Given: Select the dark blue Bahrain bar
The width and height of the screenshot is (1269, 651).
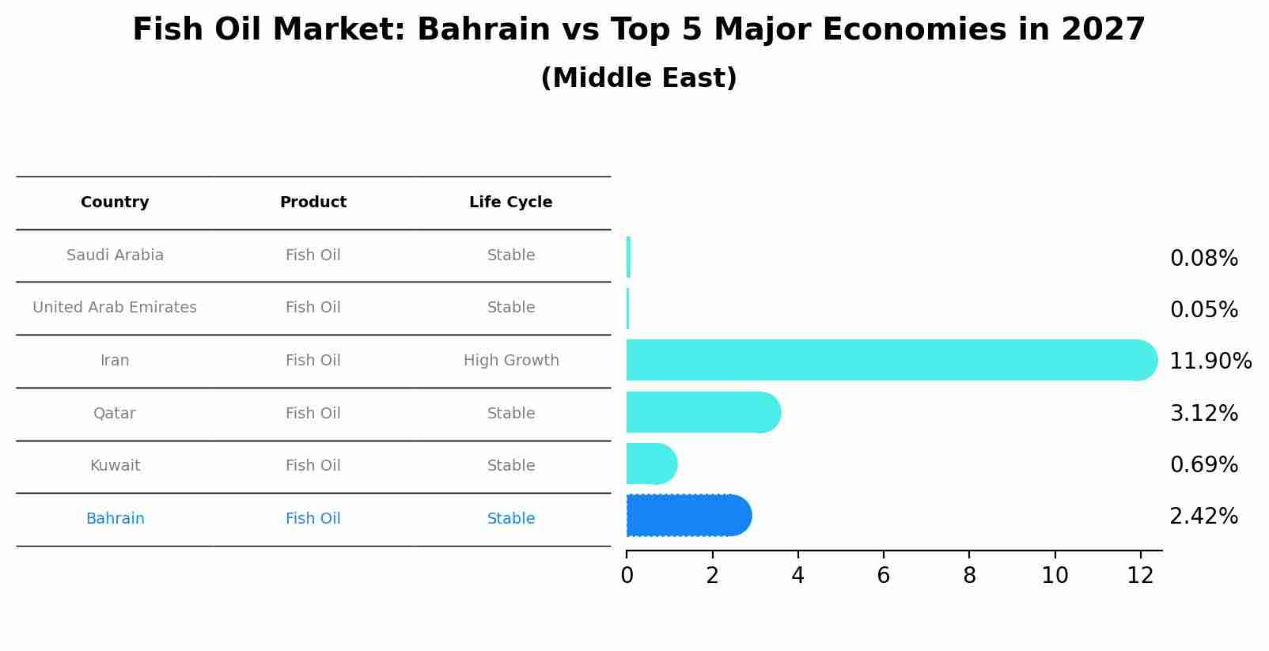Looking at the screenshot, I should click(x=688, y=516).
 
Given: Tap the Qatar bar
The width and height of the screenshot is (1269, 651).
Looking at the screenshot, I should click(x=703, y=412).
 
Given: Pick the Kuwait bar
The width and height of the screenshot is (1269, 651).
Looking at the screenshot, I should click(x=651, y=464).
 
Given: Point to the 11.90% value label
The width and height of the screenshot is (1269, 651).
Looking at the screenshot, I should click(x=1210, y=361).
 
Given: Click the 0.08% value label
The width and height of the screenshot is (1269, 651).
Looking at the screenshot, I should click(x=1203, y=259).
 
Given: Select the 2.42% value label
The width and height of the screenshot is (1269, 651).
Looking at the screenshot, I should click(x=1203, y=517).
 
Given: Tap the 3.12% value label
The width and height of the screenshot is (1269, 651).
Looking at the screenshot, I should click(x=1203, y=414).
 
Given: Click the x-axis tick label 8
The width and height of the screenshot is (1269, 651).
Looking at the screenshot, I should click(x=969, y=576).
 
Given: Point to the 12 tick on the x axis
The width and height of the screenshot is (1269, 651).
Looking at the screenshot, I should click(x=1140, y=576).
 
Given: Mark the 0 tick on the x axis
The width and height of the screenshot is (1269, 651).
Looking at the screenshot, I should click(x=627, y=576).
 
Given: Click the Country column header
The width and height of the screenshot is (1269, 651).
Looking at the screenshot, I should click(x=115, y=202).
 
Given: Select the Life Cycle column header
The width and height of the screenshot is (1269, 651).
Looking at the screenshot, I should click(x=510, y=202).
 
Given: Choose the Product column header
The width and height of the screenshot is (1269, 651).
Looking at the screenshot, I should click(x=313, y=202).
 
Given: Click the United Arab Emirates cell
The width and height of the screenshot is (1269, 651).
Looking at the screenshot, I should click(x=115, y=308).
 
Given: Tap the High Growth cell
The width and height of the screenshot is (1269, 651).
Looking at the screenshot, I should click(x=511, y=361).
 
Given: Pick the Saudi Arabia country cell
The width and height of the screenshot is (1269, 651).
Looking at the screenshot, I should click(x=115, y=255).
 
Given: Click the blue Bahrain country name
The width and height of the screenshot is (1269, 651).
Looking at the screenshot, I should click(x=115, y=519).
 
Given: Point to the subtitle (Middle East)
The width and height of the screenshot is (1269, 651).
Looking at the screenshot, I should click(x=638, y=78).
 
